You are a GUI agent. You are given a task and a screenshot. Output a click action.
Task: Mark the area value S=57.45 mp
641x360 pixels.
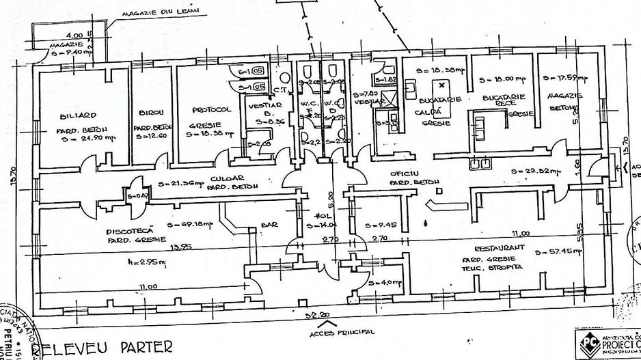click(x=560, y=251)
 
